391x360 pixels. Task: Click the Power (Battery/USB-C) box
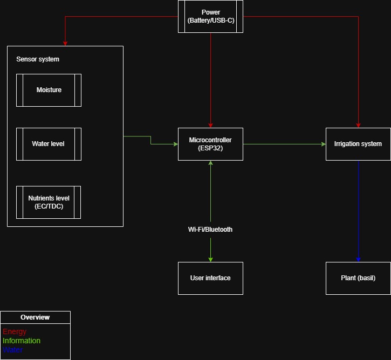[210, 17]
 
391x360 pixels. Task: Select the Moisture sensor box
[49, 90]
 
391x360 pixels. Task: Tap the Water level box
[49, 144]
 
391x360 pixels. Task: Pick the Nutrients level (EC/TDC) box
[49, 202]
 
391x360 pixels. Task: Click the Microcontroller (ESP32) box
[210, 144]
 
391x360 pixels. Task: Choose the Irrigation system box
[358, 144]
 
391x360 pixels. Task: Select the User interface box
[210, 278]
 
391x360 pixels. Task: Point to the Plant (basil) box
[358, 278]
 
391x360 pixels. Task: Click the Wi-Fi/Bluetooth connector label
[210, 230]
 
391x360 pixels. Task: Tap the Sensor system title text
[38, 59]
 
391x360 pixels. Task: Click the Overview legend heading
[35, 317]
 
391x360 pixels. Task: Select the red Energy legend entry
[15, 331]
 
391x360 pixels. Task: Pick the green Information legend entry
[22, 341]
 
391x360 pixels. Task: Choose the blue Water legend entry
[12, 350]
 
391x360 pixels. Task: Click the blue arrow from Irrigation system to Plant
[358, 211]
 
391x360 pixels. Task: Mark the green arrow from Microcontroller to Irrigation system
[284, 144]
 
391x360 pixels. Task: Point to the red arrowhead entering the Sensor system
[65, 44]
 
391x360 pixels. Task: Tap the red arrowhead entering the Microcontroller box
[210, 126]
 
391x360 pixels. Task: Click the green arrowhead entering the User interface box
[210, 260]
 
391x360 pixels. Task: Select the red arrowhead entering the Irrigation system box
[358, 126]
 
